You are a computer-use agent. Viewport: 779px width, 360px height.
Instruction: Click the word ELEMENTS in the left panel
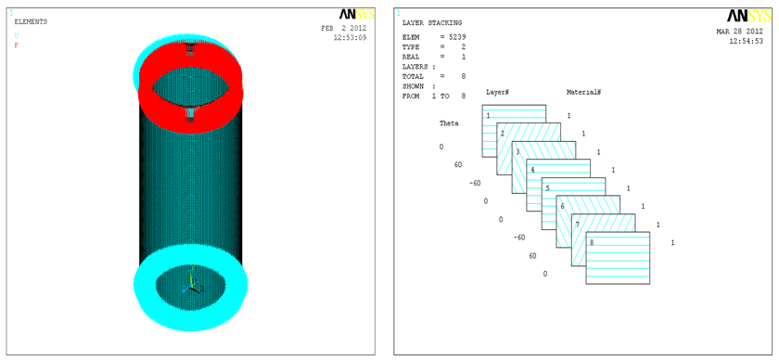pos(31,22)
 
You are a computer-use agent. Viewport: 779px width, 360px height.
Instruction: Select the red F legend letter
pos(17,45)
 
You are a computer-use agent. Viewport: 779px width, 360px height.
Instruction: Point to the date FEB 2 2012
pos(344,29)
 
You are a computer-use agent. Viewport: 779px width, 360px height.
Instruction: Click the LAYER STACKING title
pos(432,22)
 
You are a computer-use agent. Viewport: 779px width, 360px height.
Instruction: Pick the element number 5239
pos(457,37)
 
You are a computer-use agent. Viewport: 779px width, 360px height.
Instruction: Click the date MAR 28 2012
pos(739,31)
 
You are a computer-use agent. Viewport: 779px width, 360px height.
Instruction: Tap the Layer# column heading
pos(497,93)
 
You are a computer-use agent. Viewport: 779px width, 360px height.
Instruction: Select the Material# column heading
pos(583,93)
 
